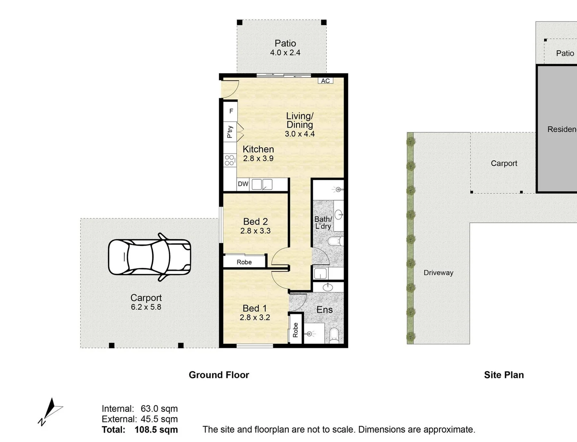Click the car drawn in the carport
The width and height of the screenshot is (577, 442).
pos(149,257)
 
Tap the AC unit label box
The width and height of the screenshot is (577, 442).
pos(326,81)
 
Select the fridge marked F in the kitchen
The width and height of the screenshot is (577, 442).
pos(231,111)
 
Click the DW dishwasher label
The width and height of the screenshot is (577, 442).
pos(243,184)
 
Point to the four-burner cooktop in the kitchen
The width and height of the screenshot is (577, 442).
pos(230,160)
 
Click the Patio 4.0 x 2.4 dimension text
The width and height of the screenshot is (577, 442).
pos(285,53)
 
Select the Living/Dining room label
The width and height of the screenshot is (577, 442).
pos(300,120)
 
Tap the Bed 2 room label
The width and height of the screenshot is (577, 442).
pos(255,221)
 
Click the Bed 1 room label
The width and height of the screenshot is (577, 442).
pos(254,308)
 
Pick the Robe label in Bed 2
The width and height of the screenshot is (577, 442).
pos(244,262)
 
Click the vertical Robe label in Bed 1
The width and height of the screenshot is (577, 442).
pos(296,330)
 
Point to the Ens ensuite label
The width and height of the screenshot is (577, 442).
pos(324,310)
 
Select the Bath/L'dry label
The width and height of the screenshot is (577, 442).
pos(323,223)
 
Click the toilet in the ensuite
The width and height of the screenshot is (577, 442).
pos(334,335)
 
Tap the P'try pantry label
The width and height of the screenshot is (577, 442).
pos(230,132)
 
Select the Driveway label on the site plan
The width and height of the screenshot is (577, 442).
pos(438,273)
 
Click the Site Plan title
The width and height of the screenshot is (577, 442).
pos(504,375)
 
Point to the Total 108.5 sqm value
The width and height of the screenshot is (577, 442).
pos(156,430)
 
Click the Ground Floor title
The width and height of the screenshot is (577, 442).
pos(219,375)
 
